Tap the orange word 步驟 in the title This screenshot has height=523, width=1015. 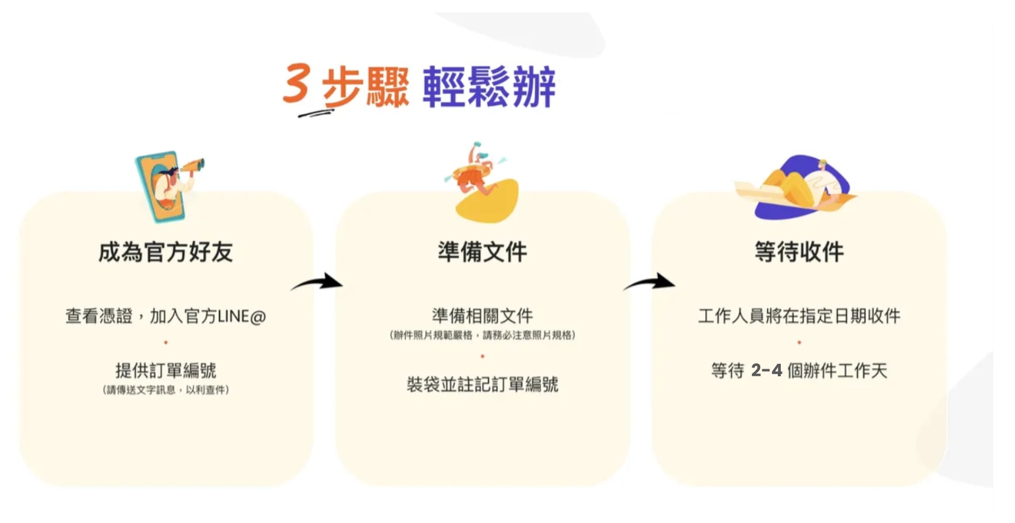point(366,87)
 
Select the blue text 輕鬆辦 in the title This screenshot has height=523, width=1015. point(489,87)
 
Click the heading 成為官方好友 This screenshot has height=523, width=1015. point(166,252)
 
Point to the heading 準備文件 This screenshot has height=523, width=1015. point(483,252)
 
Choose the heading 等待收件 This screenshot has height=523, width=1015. point(799,252)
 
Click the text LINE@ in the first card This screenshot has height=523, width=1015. point(242,317)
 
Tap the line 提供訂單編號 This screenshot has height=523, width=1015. point(166,371)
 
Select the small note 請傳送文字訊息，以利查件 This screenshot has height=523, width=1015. point(166,390)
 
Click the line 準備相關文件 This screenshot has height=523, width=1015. point(483,316)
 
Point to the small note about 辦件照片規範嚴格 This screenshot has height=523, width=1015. point(483,335)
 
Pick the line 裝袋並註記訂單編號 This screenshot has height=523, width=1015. point(483,385)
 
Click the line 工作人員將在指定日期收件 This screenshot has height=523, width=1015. point(799,316)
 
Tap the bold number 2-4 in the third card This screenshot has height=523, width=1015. point(767,371)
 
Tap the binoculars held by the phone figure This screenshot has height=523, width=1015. point(193,166)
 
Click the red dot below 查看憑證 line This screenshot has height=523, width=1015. point(166,343)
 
